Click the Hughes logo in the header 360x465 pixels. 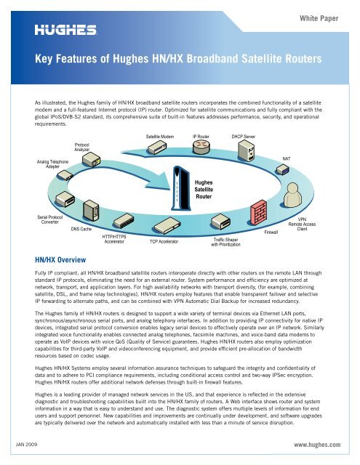coord(69,30)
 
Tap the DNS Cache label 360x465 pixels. coord(81,229)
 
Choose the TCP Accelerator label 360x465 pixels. coord(164,240)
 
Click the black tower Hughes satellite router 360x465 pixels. coord(183,191)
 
